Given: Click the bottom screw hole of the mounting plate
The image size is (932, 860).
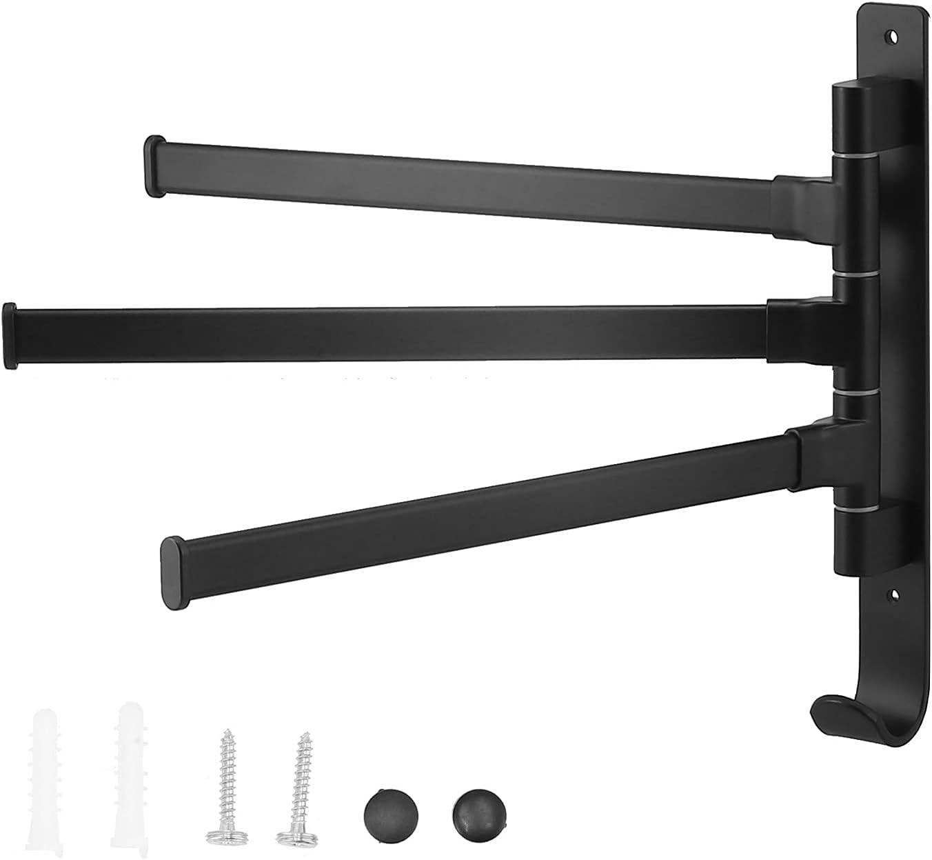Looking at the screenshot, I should point(895,592).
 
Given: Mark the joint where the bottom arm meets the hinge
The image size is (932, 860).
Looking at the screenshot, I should point(813,455).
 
